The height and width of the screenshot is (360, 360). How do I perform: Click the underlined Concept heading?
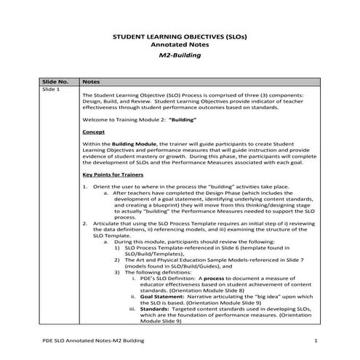(x=94, y=132)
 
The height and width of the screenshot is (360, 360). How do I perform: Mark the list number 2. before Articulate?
(x=85, y=222)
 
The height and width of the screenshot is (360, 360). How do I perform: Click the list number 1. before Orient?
(x=85, y=187)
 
